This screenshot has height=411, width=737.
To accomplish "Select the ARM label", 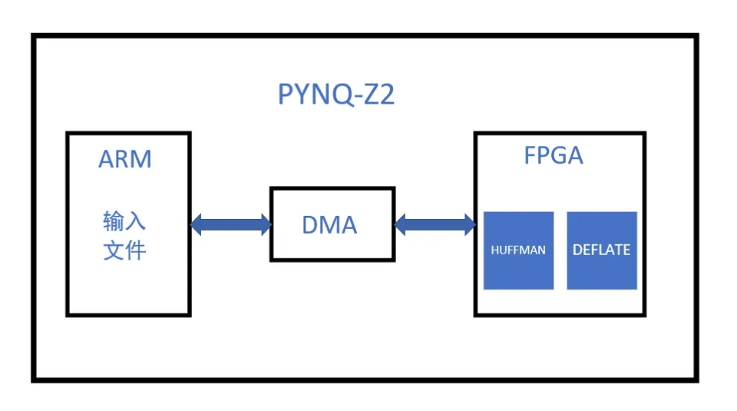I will (125, 159).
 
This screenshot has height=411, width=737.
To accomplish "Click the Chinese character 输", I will (114, 222).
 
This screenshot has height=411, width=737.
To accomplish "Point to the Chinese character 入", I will (135, 222).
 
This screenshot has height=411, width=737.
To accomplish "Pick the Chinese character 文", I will (114, 250).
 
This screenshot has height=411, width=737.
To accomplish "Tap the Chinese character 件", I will (135, 250).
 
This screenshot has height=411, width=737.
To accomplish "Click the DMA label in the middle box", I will (329, 225).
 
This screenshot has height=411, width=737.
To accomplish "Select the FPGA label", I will (554, 155).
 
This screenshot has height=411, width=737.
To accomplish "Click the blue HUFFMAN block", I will (518, 250).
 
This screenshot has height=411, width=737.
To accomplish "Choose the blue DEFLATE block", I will (602, 250).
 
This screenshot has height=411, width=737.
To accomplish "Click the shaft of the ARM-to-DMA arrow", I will (230, 225).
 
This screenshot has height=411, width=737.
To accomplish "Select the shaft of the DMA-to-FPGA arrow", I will (435, 225).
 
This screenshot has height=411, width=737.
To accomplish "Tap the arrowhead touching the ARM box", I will (197, 225).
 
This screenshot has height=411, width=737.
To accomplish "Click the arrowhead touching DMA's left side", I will (265, 225).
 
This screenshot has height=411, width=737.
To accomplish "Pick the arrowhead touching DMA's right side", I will (401, 225).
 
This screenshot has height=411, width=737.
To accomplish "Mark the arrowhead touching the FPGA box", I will (468, 225).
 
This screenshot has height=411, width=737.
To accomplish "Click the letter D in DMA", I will (309, 225).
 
